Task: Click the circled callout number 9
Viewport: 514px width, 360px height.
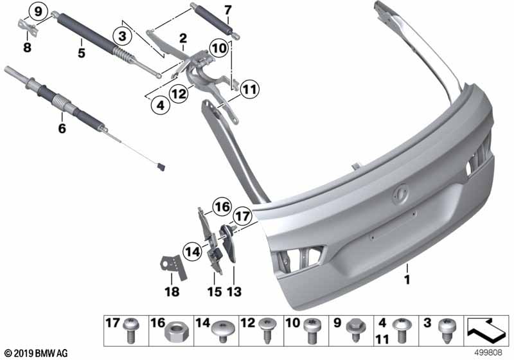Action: (39, 12)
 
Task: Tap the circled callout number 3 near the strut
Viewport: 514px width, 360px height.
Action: (122, 36)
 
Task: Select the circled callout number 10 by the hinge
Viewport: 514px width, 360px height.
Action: (219, 48)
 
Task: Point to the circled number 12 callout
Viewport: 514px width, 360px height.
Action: (179, 94)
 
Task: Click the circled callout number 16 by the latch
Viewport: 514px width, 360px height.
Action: (222, 207)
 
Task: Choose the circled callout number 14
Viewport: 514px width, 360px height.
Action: (192, 252)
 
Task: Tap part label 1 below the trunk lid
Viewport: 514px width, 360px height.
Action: (407, 280)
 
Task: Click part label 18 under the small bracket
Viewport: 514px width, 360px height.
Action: (172, 291)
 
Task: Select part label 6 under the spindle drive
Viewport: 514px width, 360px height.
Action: (62, 128)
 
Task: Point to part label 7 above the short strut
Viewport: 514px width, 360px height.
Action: (228, 10)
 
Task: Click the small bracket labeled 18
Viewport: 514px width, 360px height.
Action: (173, 267)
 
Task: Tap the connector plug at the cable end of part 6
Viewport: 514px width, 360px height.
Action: (161, 168)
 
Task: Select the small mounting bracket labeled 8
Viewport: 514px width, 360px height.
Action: (28, 26)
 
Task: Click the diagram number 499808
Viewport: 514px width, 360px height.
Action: (489, 352)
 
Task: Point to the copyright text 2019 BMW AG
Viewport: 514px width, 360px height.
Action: (37, 354)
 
